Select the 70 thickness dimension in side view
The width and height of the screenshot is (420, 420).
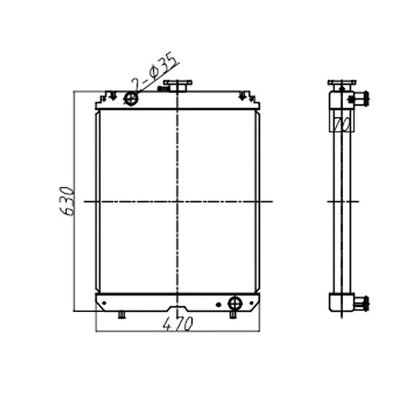[x=339, y=122]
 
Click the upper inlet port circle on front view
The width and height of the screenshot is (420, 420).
[x=131, y=98]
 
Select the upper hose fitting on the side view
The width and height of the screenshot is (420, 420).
[x=359, y=99]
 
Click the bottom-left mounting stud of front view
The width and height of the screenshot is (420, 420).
[x=121, y=315]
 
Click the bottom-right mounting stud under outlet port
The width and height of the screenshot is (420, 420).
[x=233, y=315]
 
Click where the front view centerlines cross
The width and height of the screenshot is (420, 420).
[x=179, y=201]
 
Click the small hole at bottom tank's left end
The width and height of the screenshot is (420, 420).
[x=102, y=303]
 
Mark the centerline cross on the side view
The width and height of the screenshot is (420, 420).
[x=339, y=201]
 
